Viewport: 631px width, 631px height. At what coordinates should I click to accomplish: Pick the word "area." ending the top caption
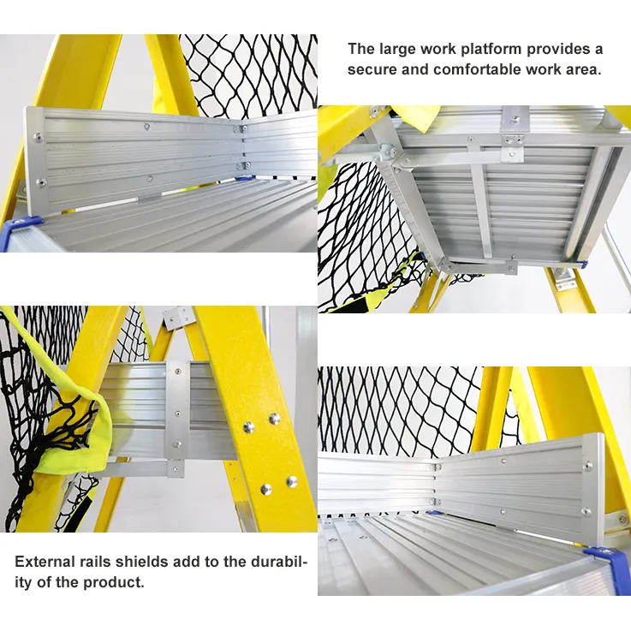(x=583, y=70)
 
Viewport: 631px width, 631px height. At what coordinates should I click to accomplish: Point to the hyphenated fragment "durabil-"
(x=275, y=562)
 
